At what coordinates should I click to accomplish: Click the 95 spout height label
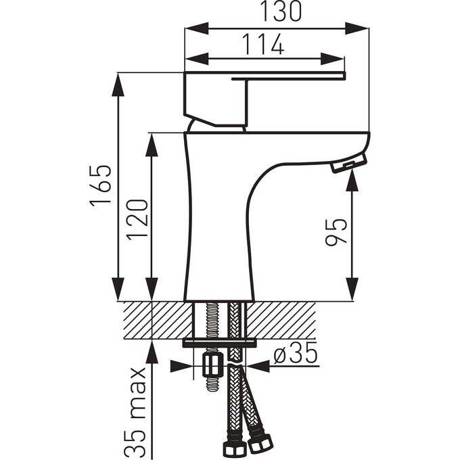[336, 231]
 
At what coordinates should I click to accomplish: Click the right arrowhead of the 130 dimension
[359, 28]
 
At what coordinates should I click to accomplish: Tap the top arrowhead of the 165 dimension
[119, 82]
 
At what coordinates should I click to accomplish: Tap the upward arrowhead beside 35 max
[153, 352]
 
